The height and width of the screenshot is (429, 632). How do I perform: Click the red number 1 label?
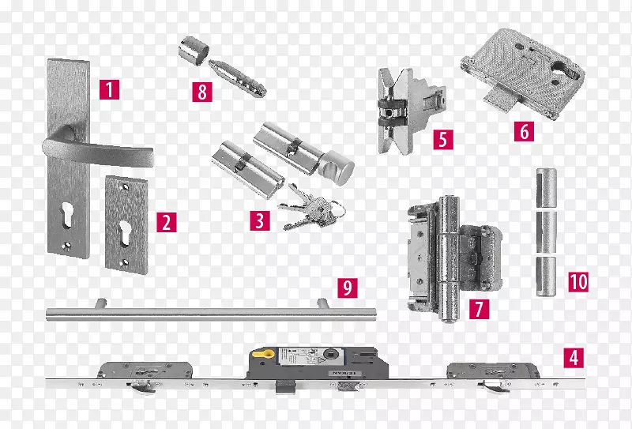click(x=110, y=89)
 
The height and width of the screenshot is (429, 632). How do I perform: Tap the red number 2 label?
click(x=167, y=222)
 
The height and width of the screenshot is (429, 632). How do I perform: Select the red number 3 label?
click(x=260, y=220)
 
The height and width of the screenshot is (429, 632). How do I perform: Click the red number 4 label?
click(x=574, y=358)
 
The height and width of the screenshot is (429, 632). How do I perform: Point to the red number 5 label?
click(x=443, y=140)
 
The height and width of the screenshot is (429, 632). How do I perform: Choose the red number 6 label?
click(x=524, y=131)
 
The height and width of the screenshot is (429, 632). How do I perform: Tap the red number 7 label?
click(x=479, y=309)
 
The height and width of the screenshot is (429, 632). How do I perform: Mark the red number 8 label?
click(x=202, y=92)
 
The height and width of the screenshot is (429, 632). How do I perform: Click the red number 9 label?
click(x=348, y=288)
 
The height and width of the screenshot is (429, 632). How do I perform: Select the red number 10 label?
click(x=578, y=281)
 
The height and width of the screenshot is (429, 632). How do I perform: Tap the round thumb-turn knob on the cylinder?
click(x=337, y=167)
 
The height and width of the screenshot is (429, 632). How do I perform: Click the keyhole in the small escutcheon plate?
click(x=125, y=233)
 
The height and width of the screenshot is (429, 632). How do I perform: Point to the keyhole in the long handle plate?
click(x=67, y=215)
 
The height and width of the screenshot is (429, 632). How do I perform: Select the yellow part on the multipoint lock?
click(x=263, y=354)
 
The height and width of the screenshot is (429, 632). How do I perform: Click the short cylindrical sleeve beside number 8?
click(x=194, y=51)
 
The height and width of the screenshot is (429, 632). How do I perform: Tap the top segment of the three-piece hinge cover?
click(x=546, y=187)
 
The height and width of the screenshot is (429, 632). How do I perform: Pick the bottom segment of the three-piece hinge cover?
click(x=546, y=277)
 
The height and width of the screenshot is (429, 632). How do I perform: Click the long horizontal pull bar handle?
click(x=211, y=314)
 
